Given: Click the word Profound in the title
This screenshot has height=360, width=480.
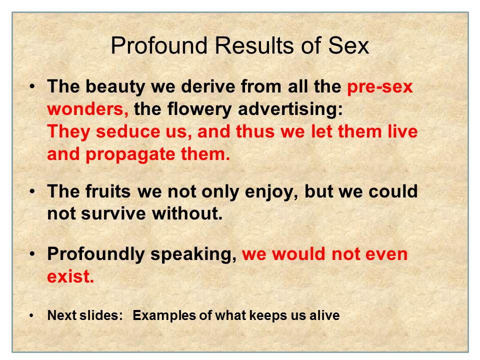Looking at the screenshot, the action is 159,45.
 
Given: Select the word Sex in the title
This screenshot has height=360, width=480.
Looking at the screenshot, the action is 348,45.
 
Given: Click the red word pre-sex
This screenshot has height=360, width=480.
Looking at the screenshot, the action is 380,87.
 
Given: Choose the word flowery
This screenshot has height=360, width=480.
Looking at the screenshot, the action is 199,109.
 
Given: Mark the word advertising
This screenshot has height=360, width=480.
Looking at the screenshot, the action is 290,109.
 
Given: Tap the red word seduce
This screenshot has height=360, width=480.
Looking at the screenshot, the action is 128,131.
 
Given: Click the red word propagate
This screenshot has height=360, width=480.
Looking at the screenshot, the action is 130,154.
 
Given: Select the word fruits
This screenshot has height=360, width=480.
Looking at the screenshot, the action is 108,191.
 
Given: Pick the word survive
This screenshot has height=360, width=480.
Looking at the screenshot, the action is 113,213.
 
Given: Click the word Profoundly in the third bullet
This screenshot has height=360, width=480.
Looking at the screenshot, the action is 96,254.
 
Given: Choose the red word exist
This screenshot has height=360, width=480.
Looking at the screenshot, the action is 70,276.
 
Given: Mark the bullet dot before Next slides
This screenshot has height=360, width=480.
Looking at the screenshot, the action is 31,315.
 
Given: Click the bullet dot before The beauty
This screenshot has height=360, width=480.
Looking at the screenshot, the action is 32,86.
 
